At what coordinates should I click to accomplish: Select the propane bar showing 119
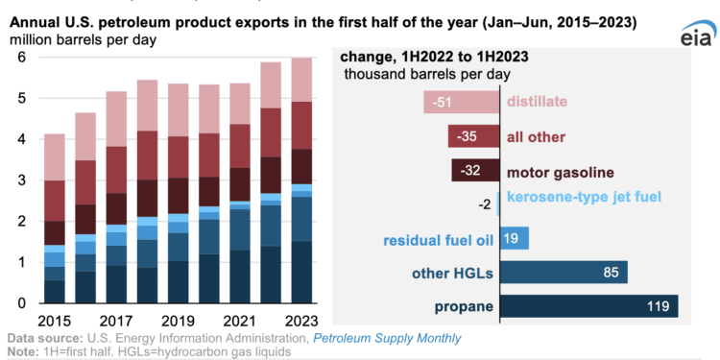click(x=589, y=306)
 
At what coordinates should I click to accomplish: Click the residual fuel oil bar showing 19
click(x=515, y=239)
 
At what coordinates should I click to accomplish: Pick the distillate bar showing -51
click(x=461, y=102)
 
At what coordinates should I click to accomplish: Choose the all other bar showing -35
click(x=473, y=135)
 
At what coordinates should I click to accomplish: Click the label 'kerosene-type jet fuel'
click(x=584, y=198)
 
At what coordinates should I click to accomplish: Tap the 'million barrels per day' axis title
click(x=84, y=38)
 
